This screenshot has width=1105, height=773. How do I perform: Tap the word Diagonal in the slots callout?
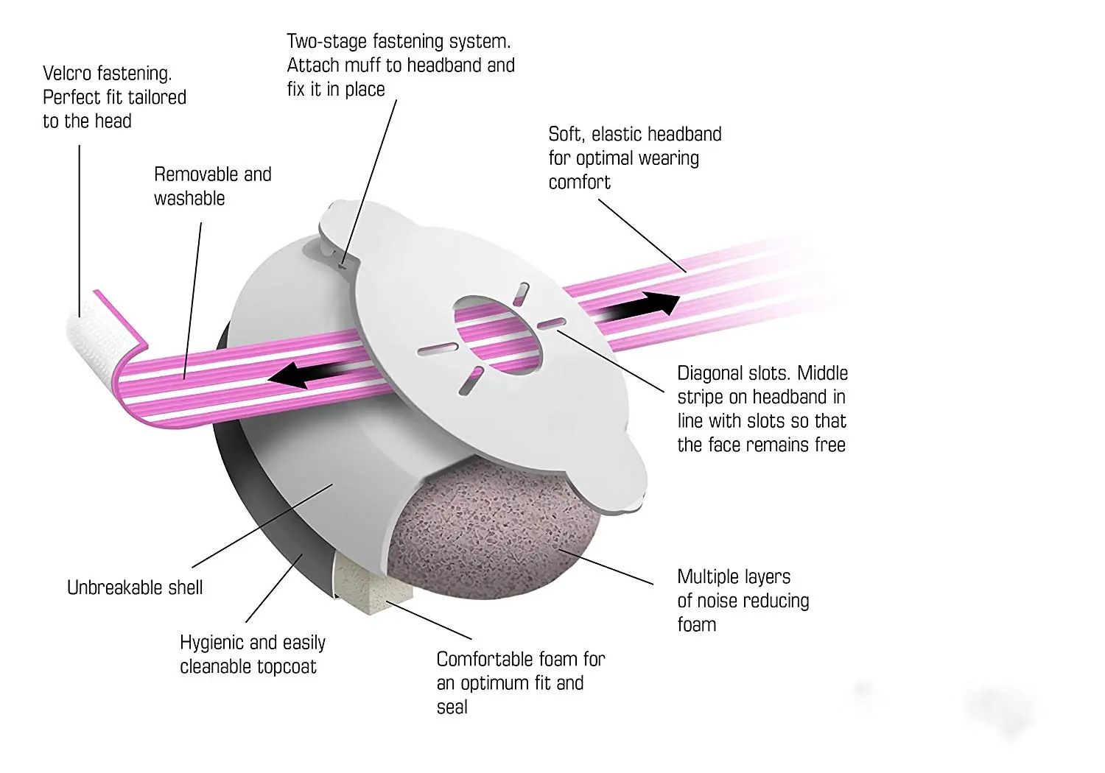click(710, 373)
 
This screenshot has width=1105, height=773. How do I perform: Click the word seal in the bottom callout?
click(452, 707)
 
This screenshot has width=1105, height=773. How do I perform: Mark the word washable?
click(189, 199)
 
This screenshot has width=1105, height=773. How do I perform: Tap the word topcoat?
click(287, 667)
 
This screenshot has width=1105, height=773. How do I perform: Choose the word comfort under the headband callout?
click(579, 183)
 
